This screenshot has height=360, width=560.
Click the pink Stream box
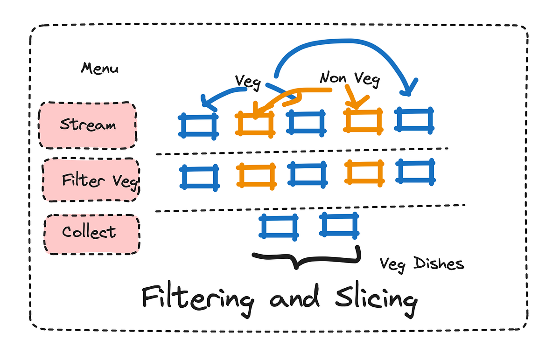[x=88, y=125]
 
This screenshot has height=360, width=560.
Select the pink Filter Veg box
[x=91, y=180]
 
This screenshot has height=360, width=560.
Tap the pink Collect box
[x=91, y=234]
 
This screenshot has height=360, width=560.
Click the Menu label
[x=99, y=69]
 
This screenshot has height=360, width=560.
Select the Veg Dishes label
[x=421, y=264]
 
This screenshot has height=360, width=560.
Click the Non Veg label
[x=350, y=79]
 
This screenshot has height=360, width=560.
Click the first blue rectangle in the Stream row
[x=198, y=125]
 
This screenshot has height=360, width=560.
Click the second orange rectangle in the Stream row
[x=363, y=121]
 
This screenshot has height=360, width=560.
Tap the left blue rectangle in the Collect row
[x=279, y=227]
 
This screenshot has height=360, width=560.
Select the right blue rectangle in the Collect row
[x=340, y=225]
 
